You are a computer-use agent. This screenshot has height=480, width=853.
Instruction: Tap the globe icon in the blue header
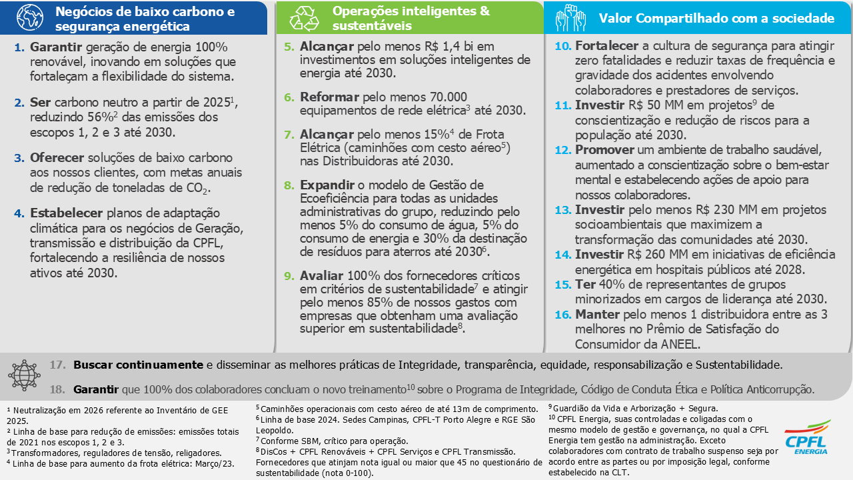[x=29, y=18]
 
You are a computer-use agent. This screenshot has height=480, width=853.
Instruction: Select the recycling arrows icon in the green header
[x=305, y=19]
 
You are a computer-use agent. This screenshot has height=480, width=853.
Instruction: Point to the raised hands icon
[x=570, y=17]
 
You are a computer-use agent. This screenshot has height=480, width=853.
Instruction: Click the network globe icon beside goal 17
[x=24, y=375]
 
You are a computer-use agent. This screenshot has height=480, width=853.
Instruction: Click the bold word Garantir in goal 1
[x=55, y=47]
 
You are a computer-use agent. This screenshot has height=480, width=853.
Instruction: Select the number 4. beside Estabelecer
[x=19, y=213]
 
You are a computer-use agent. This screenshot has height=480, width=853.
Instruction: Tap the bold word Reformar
[x=330, y=96]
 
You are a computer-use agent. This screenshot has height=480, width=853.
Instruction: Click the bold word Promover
[x=605, y=149]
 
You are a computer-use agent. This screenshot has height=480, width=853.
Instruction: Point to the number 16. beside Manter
[x=563, y=314]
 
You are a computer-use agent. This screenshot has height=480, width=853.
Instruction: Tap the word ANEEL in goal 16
[x=678, y=344]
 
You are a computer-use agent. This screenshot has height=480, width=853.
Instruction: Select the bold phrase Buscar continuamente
[x=138, y=365]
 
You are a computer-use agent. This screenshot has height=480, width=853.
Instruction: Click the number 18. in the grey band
[x=58, y=389]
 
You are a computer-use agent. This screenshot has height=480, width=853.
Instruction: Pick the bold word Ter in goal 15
[x=584, y=284]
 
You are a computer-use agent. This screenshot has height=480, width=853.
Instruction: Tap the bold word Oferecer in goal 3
[x=58, y=158]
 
